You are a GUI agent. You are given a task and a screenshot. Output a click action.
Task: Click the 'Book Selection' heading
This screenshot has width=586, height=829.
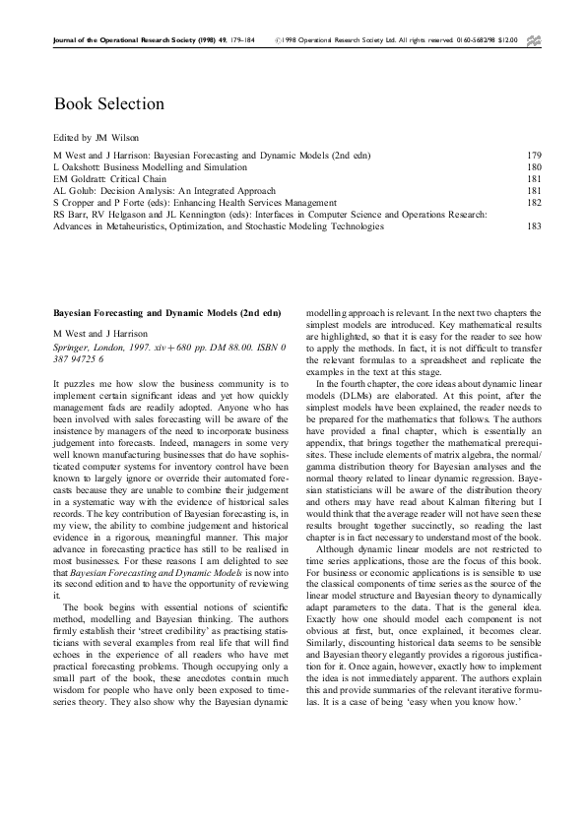coord(108,103)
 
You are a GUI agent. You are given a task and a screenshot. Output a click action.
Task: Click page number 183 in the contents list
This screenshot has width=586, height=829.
coord(534,225)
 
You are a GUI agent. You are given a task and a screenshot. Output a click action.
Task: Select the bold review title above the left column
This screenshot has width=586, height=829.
coord(166,312)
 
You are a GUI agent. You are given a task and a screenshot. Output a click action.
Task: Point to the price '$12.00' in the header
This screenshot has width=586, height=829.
coord(509,40)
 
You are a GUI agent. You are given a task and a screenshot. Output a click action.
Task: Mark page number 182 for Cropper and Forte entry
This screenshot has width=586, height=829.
coord(534,202)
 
